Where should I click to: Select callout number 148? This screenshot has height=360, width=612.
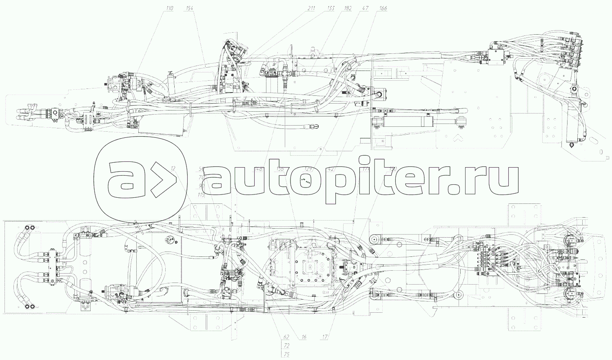coord(258,169)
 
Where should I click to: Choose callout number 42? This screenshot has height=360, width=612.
coord(331,169)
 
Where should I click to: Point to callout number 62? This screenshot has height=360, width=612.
coord(286,337)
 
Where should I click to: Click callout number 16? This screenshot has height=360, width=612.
coord(304,337)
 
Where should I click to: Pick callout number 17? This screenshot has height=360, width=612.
coord(324,337)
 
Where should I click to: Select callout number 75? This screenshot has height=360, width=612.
coord(286,354)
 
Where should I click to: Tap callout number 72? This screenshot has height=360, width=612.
coord(286,346)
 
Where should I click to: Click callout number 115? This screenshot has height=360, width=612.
coord(201,195)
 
